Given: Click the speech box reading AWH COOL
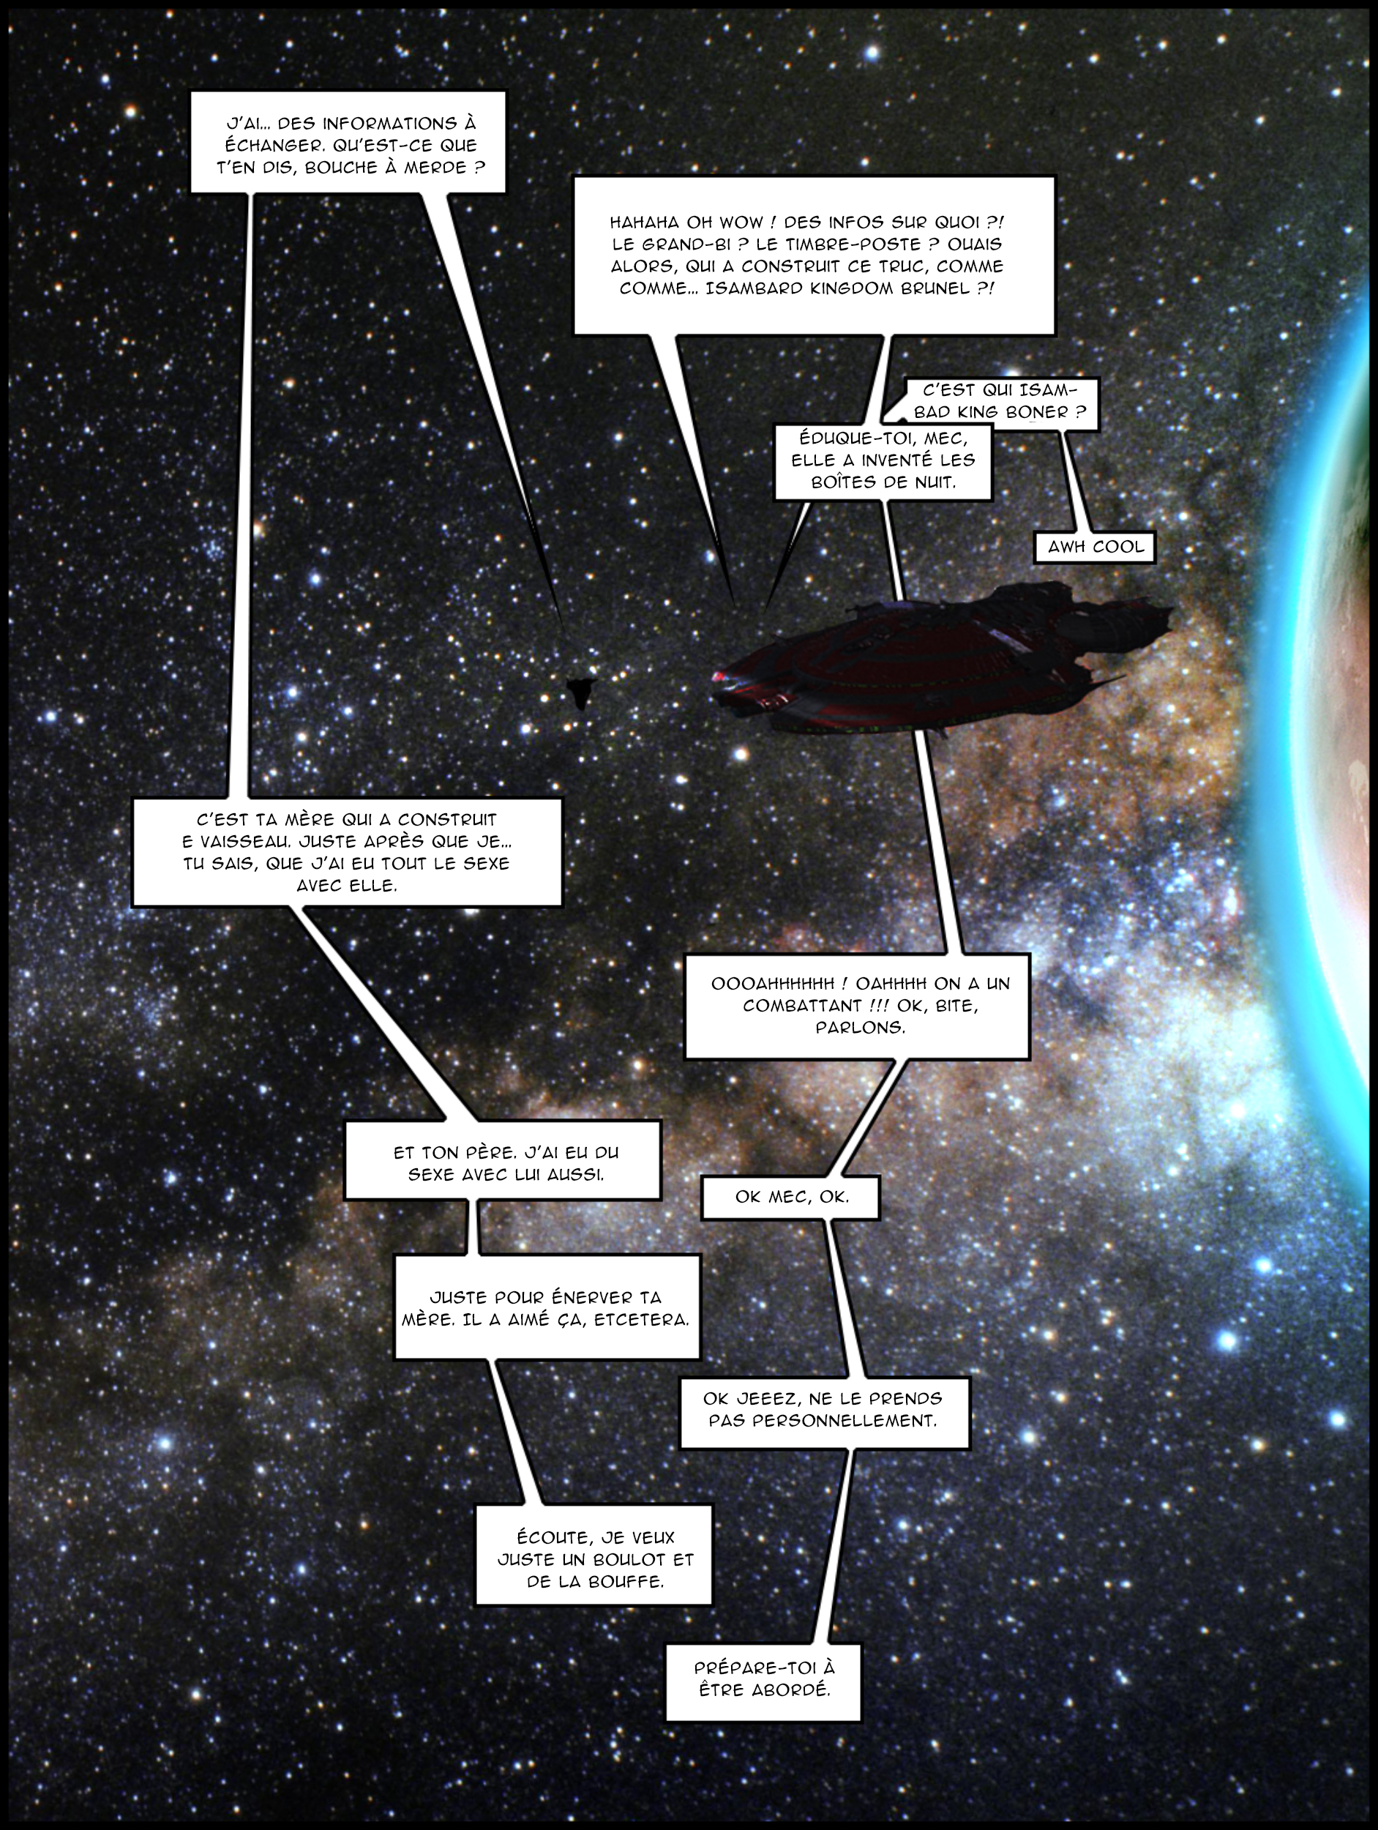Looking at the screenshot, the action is (x=1095, y=547).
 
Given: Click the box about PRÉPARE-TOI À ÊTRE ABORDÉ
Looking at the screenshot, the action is (x=763, y=1680).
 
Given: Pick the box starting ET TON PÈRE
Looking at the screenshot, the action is (x=503, y=1161).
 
